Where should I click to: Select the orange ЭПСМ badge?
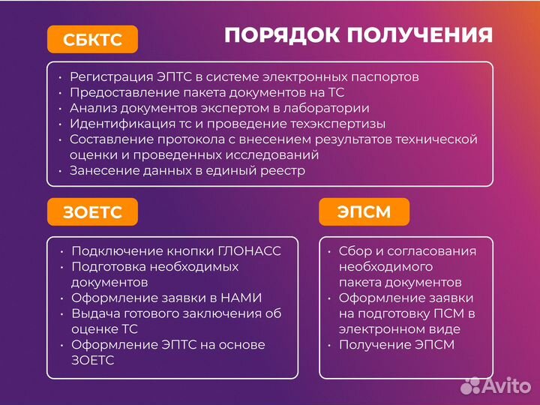[x=364, y=211]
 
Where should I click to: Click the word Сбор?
[x=355, y=251]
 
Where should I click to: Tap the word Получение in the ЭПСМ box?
[x=374, y=345]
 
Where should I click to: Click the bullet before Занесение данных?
[x=59, y=171]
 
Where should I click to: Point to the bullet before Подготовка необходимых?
[x=61, y=267]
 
